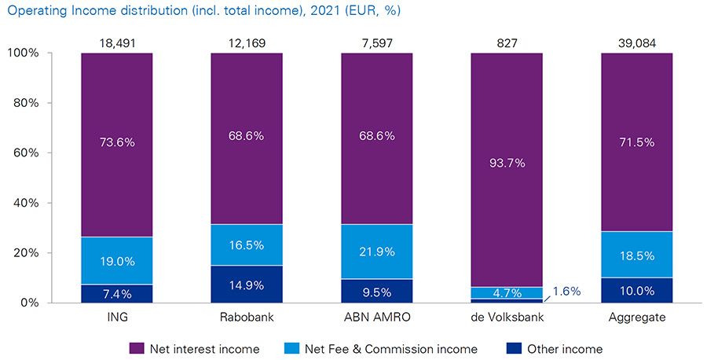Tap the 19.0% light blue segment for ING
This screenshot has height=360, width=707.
[x=116, y=261]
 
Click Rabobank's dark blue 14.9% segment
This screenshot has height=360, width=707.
[x=247, y=284]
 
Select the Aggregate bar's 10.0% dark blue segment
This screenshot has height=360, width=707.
[x=637, y=290]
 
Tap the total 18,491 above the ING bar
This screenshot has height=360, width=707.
[x=116, y=43]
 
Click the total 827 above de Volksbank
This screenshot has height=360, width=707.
[x=507, y=43]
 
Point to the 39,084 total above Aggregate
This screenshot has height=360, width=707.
[x=637, y=43]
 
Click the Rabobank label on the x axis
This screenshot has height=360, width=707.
[x=247, y=318]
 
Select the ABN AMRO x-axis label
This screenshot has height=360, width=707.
[x=376, y=318]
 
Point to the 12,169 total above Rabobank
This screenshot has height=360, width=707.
[x=247, y=43]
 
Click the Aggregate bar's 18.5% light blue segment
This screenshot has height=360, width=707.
[x=637, y=255]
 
